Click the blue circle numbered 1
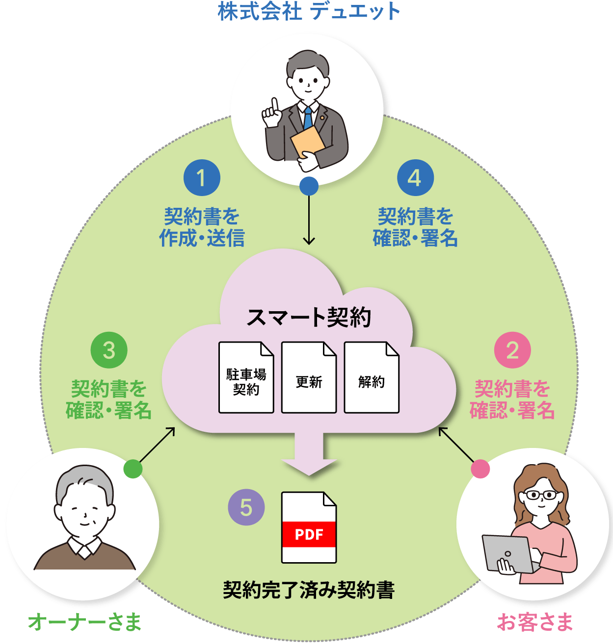tap(202, 178)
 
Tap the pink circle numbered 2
tap(512, 350)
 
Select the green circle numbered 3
tap(109, 350)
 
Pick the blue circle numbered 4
tap(415, 178)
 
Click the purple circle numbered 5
tap(246, 508)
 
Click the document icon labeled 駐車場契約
tap(246, 377)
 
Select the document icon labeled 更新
tap(309, 377)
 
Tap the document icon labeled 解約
tap(372, 377)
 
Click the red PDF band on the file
tap(309, 535)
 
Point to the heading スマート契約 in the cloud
tap(309, 318)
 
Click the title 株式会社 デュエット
tap(309, 11)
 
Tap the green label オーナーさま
tap(84, 622)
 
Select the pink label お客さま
tap(535, 622)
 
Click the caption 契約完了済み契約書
tap(309, 590)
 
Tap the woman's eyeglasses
tap(541, 495)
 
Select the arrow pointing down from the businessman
tap(309, 221)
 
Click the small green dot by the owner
tap(133, 469)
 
